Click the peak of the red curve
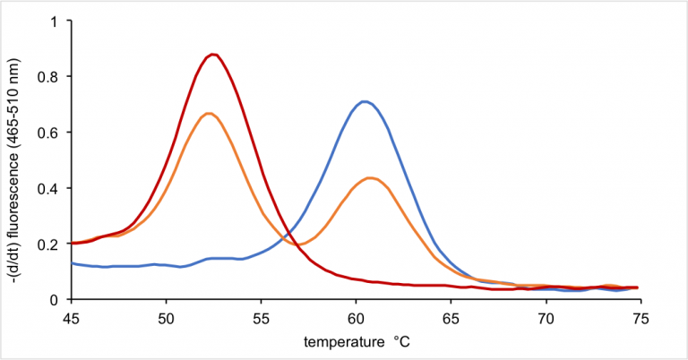[212, 55]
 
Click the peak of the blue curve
[364, 101]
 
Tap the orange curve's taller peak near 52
[209, 113]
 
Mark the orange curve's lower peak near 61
[370, 177]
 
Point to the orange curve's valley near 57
[301, 244]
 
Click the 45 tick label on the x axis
[71, 316]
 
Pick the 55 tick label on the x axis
[261, 316]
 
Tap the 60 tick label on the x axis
[356, 316]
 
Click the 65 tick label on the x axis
[451, 316]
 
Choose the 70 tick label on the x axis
[546, 316]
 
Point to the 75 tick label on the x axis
[641, 316]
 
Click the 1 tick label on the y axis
[56, 21]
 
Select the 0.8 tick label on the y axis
[51, 77]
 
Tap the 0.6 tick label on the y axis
[51, 133]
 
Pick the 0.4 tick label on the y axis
[51, 188]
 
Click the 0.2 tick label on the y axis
[51, 244]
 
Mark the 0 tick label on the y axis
[56, 299]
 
